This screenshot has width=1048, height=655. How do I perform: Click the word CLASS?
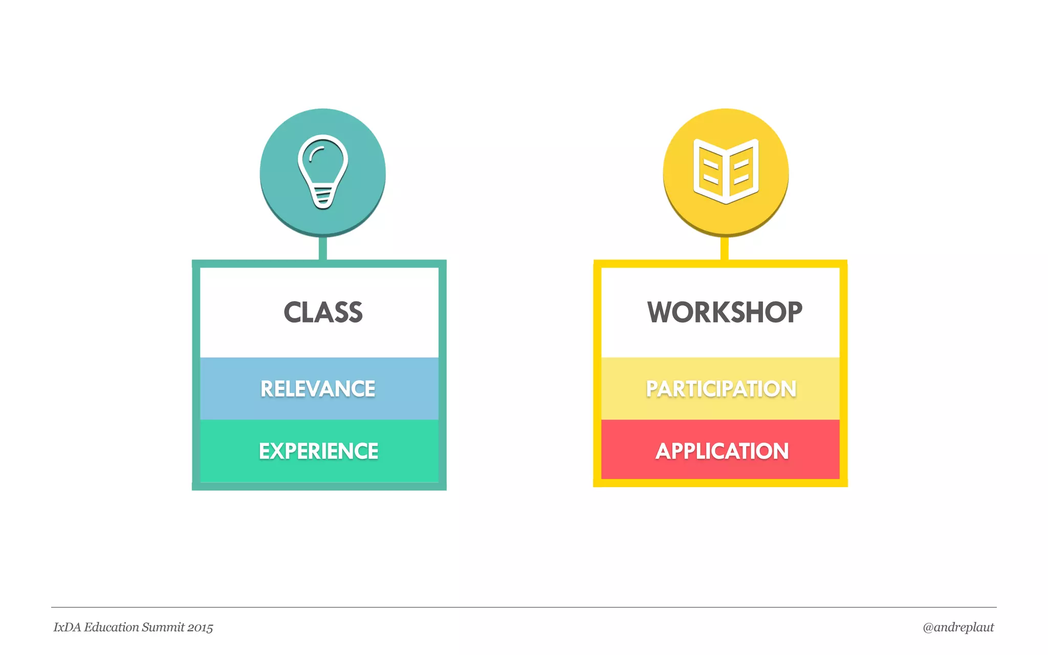(323, 312)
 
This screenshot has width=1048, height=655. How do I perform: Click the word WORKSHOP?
(725, 312)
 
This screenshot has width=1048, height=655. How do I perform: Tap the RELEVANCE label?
(318, 389)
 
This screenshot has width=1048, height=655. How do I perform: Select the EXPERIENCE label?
(318, 451)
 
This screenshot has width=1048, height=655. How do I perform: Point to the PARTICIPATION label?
(721, 389)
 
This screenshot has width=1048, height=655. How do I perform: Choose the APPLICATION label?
(722, 451)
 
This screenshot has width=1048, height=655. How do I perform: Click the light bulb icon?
(323, 171)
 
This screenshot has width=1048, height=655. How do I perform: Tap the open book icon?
(726, 171)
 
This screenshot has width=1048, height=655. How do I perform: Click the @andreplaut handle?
(958, 627)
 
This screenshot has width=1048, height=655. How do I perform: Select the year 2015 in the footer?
(200, 628)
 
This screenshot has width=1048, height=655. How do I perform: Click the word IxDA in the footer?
(67, 627)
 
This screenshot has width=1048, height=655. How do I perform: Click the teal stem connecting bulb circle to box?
(323, 249)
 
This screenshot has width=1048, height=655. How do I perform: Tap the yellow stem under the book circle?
(725, 249)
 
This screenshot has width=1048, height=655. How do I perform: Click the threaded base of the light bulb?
(323, 198)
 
